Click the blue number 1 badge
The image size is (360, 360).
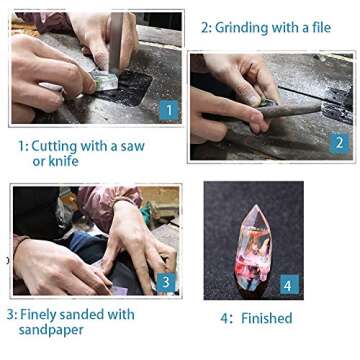pos(169,110)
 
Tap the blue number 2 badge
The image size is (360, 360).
pos(339,143)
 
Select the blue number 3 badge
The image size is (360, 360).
pos(166,283)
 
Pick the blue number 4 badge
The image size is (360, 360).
pos(289,284)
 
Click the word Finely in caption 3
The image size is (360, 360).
pos(39,315)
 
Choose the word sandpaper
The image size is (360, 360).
pos(51,330)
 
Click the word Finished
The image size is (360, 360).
pos(267,318)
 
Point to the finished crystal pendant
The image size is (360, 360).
pos(253,248)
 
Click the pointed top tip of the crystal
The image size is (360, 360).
pos(256,205)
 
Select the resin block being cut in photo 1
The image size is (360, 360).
pos(104,81)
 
